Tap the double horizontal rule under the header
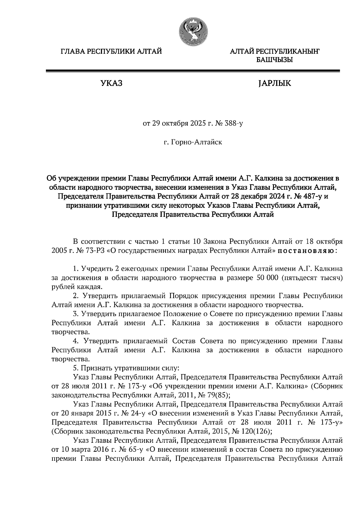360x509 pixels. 193,71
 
